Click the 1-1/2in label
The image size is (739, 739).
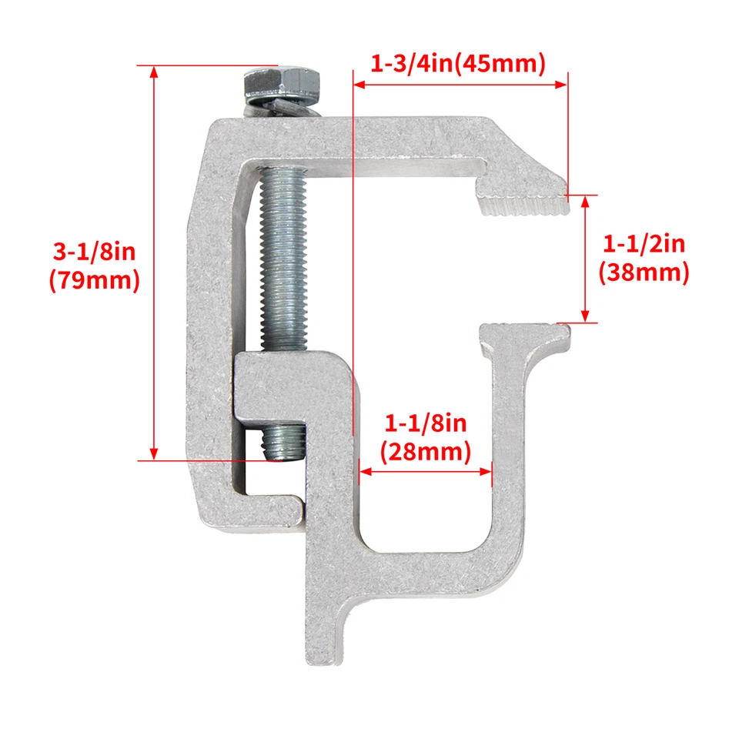(644, 246)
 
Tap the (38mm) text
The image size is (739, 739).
(644, 273)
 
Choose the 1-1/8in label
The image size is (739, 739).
(426, 423)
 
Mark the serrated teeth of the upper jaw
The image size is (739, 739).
(522, 206)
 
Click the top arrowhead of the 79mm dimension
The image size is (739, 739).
(155, 72)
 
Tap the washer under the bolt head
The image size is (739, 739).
(282, 104)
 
